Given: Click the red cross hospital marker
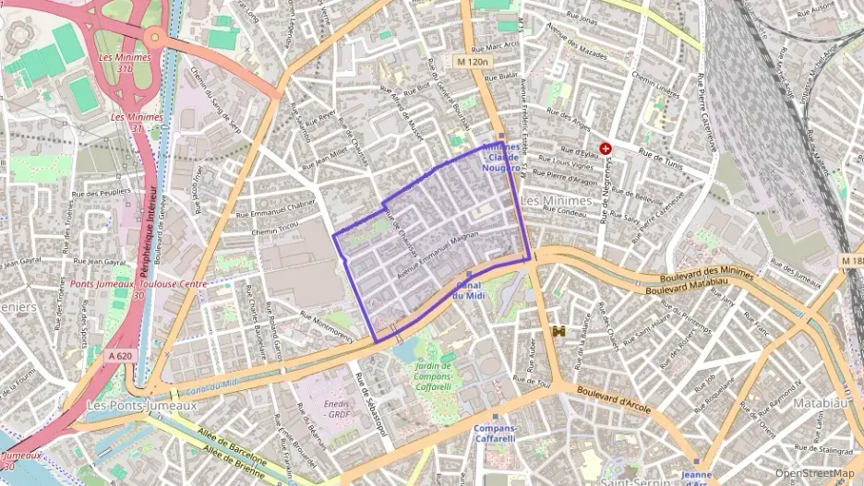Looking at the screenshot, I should click(606, 148).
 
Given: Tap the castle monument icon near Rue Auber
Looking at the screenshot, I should click(558, 330).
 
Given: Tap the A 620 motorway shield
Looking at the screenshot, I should click(120, 355).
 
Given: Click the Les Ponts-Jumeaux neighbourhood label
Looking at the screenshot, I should click(140, 405).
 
